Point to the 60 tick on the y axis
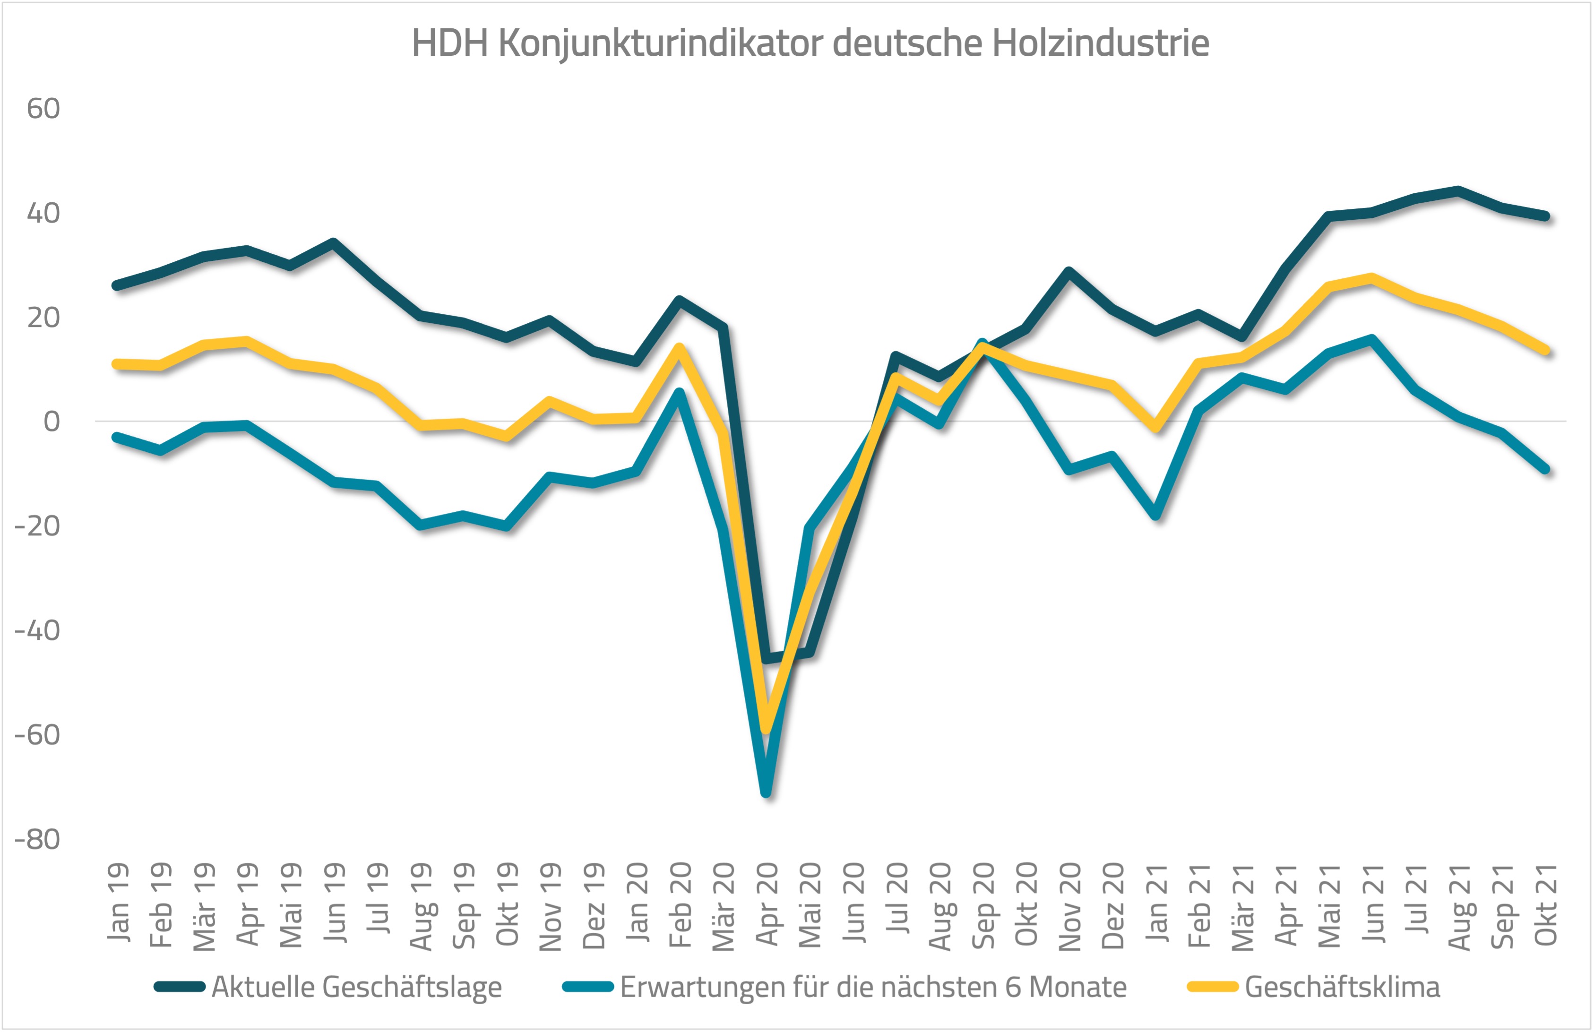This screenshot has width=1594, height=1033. [x=43, y=109]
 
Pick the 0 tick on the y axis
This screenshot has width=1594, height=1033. [x=52, y=422]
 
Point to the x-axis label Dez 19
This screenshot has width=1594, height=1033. [x=594, y=904]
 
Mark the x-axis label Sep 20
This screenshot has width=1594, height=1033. [x=983, y=904]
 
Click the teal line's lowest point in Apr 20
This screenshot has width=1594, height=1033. [x=767, y=794]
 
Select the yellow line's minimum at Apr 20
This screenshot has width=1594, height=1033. [x=767, y=729]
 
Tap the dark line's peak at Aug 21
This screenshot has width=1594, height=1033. [x=1458, y=190]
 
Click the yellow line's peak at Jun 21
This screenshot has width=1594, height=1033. [x=1371, y=277]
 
